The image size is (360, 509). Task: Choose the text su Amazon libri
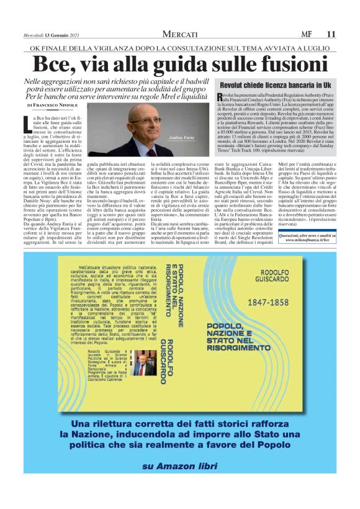tap(179, 483)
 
